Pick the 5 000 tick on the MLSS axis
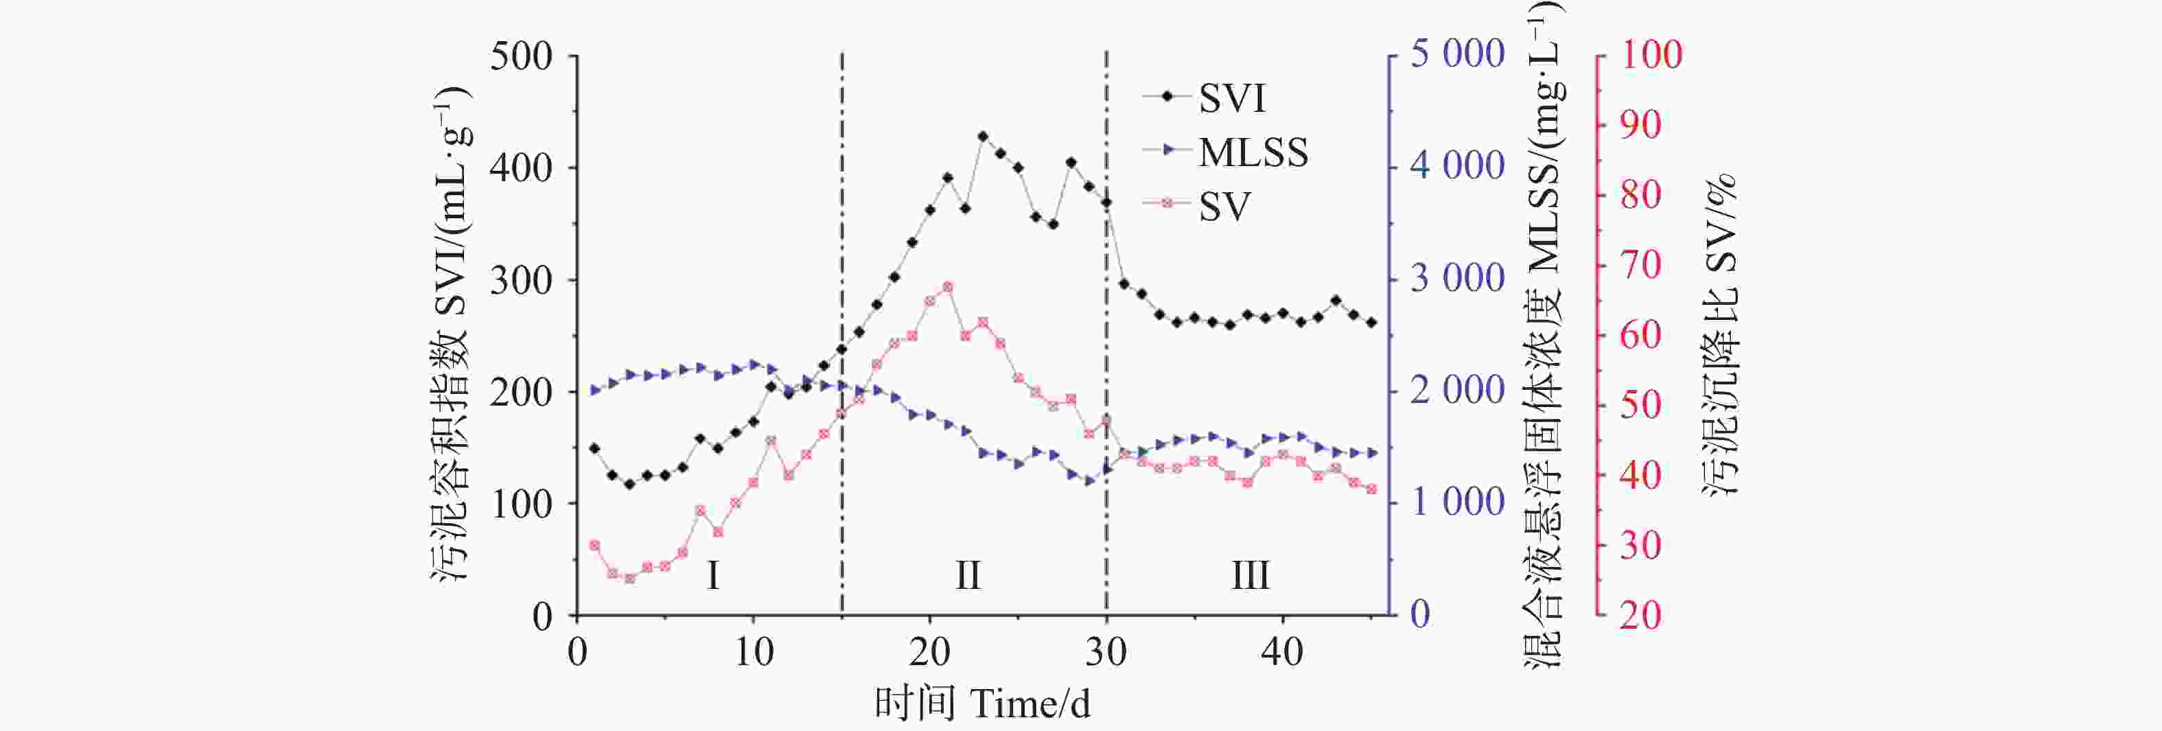click(x=1456, y=54)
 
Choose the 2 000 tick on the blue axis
click(x=1456, y=391)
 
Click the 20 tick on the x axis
click(x=929, y=652)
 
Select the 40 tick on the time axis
click(x=1281, y=652)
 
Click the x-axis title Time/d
click(x=982, y=704)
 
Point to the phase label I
click(x=712, y=576)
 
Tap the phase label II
click(x=968, y=576)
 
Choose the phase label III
click(x=1250, y=576)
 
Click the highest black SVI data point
click(x=983, y=136)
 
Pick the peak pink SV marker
click(x=948, y=287)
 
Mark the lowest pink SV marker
click(x=629, y=578)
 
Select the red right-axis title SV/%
click(x=1721, y=336)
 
